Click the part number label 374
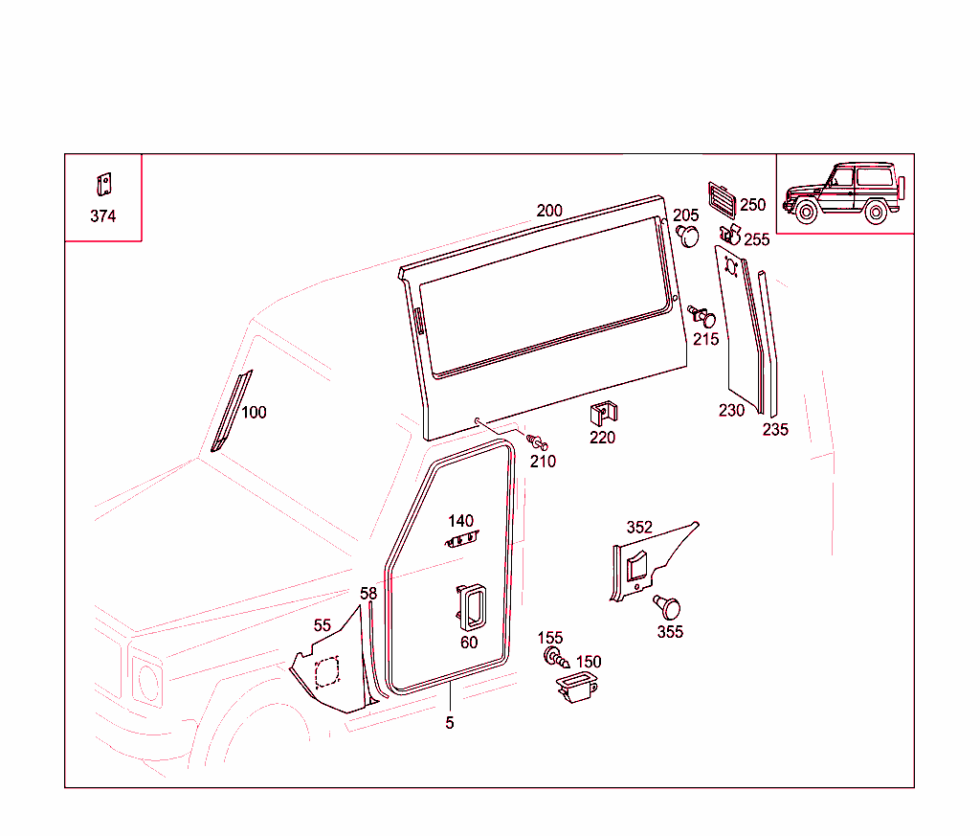pyautogui.click(x=102, y=216)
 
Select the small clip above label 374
pyautogui.click(x=102, y=184)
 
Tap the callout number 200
pyautogui.click(x=549, y=211)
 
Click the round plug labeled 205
pyautogui.click(x=688, y=235)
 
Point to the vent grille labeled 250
pyautogui.click(x=722, y=198)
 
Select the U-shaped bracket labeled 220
pyautogui.click(x=603, y=413)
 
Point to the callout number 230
pyautogui.click(x=731, y=411)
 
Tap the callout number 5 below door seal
pyautogui.click(x=450, y=723)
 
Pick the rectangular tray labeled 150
pyautogui.click(x=576, y=687)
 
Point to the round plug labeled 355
pyautogui.click(x=668, y=606)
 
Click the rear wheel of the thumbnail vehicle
pyautogui.click(x=875, y=213)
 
